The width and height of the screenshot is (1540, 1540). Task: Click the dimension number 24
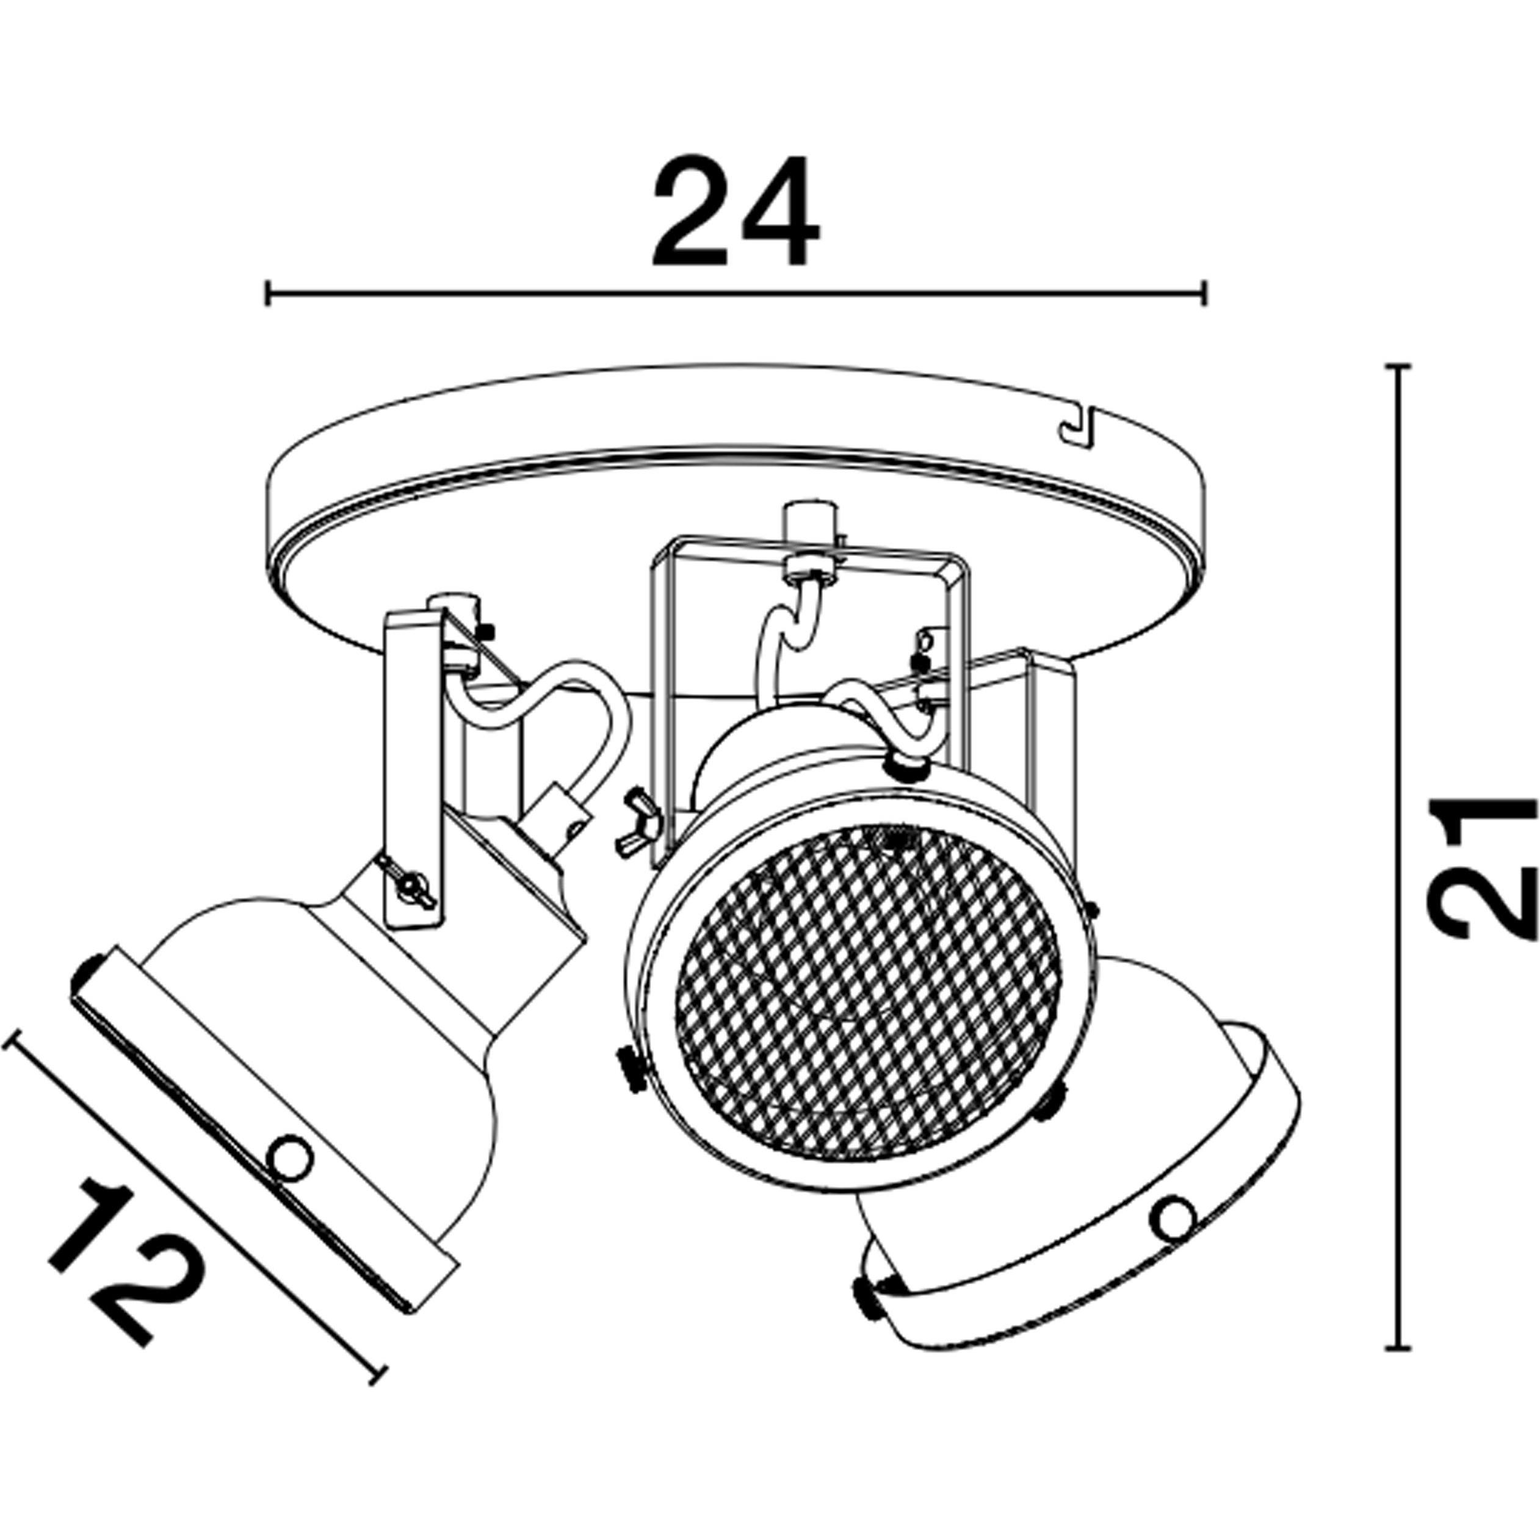[735, 211]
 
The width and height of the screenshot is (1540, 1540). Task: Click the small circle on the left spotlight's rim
[289, 1156]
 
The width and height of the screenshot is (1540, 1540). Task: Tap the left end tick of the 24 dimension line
[269, 292]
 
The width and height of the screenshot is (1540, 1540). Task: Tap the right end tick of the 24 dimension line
[1204, 292]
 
